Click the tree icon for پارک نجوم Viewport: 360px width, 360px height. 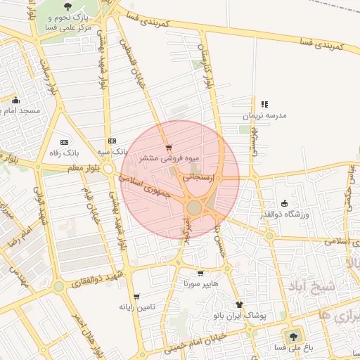click(67, 6)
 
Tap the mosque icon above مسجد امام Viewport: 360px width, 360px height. click(16, 100)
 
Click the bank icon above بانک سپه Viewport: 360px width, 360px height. click(112, 141)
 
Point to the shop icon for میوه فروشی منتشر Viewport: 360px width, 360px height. click(168, 148)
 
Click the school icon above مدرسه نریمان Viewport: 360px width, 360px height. click(265, 104)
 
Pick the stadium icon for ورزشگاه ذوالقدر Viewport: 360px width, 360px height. click(284, 202)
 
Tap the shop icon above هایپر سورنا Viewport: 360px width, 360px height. click(200, 273)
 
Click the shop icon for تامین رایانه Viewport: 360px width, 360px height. click(136, 296)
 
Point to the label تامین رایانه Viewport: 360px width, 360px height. click(136, 307)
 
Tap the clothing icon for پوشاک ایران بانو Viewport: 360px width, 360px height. click(240, 305)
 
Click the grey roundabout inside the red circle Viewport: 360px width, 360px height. click(195, 207)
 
